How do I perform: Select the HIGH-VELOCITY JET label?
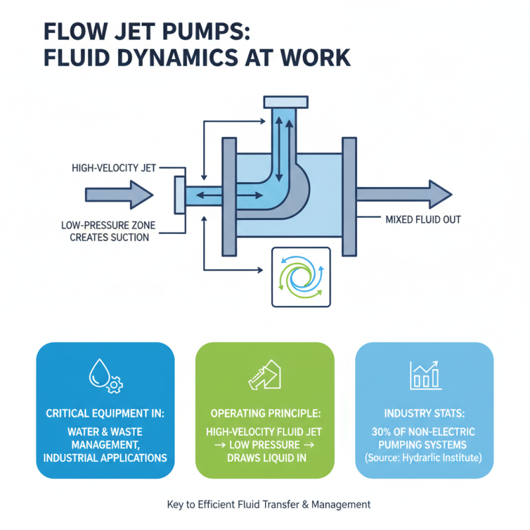[113, 168]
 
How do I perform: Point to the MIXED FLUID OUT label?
[423, 219]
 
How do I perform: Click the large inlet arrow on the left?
[119, 195]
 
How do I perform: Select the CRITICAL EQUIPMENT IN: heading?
[105, 413]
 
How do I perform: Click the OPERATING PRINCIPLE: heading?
[265, 413]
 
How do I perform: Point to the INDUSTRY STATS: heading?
[425, 413]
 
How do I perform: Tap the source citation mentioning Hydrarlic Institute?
[425, 458]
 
